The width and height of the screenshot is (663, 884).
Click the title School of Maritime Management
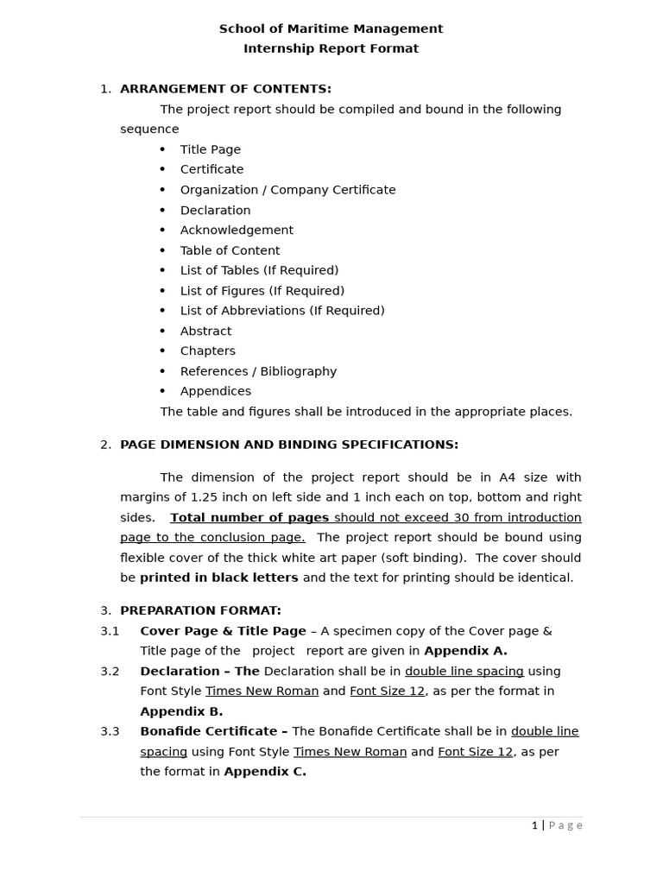coord(331,28)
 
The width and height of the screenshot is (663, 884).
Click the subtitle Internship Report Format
coord(331,48)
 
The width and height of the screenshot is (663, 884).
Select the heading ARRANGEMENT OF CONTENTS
coord(225,89)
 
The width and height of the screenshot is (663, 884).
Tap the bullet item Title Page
coord(210,149)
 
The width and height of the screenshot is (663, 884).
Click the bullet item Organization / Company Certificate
coord(287,190)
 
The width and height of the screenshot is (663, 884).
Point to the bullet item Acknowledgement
coord(237,230)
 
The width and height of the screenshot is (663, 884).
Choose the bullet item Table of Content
coord(230,250)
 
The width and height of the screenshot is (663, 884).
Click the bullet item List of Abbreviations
coord(282,311)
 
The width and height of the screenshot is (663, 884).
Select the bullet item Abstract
coord(205,331)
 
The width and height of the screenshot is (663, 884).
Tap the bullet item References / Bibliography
coord(258,371)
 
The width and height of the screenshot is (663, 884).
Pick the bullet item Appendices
coord(215,391)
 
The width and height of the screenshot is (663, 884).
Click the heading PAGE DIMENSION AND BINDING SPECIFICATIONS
coord(289,445)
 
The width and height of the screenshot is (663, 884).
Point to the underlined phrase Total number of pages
coord(249,518)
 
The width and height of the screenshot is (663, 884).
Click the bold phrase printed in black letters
coord(219,578)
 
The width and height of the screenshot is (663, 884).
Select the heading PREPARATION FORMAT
coord(200,610)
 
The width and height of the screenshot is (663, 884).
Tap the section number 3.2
coord(110,671)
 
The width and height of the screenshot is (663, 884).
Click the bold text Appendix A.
coord(465,651)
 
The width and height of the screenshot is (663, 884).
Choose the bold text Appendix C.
coord(265,772)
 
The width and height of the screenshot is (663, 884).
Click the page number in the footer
coord(534,825)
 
